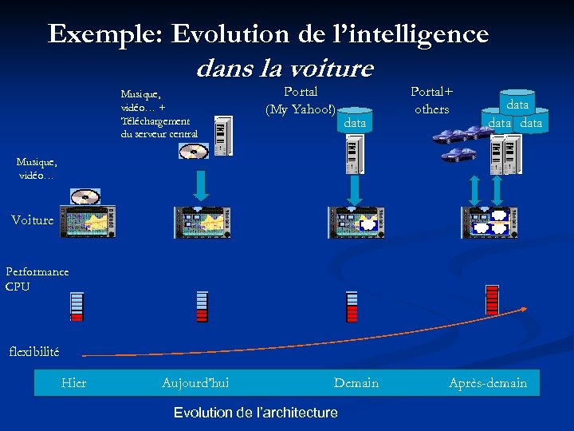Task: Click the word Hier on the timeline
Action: coord(73,383)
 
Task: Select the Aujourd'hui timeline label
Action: coord(195,383)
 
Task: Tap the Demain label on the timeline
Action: coord(356,383)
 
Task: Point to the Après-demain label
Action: coord(488,383)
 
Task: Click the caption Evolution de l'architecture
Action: coord(255,413)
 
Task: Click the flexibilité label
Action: coord(33,351)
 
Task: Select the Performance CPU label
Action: coord(37,279)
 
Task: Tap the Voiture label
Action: coord(33,219)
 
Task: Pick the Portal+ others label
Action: coord(431,101)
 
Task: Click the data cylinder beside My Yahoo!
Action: coord(355,122)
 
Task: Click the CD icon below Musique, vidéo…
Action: coord(85,197)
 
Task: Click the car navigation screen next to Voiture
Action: coord(88,223)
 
